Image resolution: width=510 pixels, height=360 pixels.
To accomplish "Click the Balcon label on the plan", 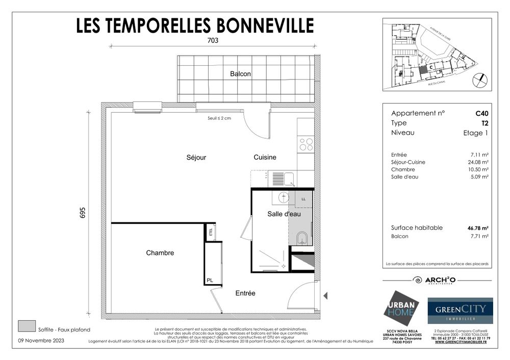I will [x=240, y=74].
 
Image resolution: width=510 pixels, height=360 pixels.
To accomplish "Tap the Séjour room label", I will [x=196, y=158].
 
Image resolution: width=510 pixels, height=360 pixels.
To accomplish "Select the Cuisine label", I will [x=265, y=158].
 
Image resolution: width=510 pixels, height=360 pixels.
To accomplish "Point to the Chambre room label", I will [x=160, y=253].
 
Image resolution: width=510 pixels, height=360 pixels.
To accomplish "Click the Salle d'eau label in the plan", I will [x=284, y=214].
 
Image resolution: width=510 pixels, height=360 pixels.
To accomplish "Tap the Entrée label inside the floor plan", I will [x=245, y=293].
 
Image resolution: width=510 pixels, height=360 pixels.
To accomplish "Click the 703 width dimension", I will [x=212, y=41].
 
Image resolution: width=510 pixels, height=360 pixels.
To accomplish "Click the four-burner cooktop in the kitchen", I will [x=306, y=144].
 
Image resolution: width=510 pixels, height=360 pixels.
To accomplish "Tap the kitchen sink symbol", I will [x=289, y=178].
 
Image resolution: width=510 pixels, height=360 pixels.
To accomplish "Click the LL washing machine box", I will [x=304, y=199].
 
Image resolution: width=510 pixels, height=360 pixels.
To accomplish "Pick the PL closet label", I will [x=210, y=280].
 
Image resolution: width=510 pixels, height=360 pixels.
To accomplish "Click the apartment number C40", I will [x=482, y=113].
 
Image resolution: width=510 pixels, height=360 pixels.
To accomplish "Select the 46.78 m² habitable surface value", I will [x=478, y=228].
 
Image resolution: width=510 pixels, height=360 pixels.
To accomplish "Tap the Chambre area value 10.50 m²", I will [x=479, y=169].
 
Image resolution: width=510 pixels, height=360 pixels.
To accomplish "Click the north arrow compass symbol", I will [x=480, y=80].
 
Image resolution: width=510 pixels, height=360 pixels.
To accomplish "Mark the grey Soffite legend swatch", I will [x=27, y=326].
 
